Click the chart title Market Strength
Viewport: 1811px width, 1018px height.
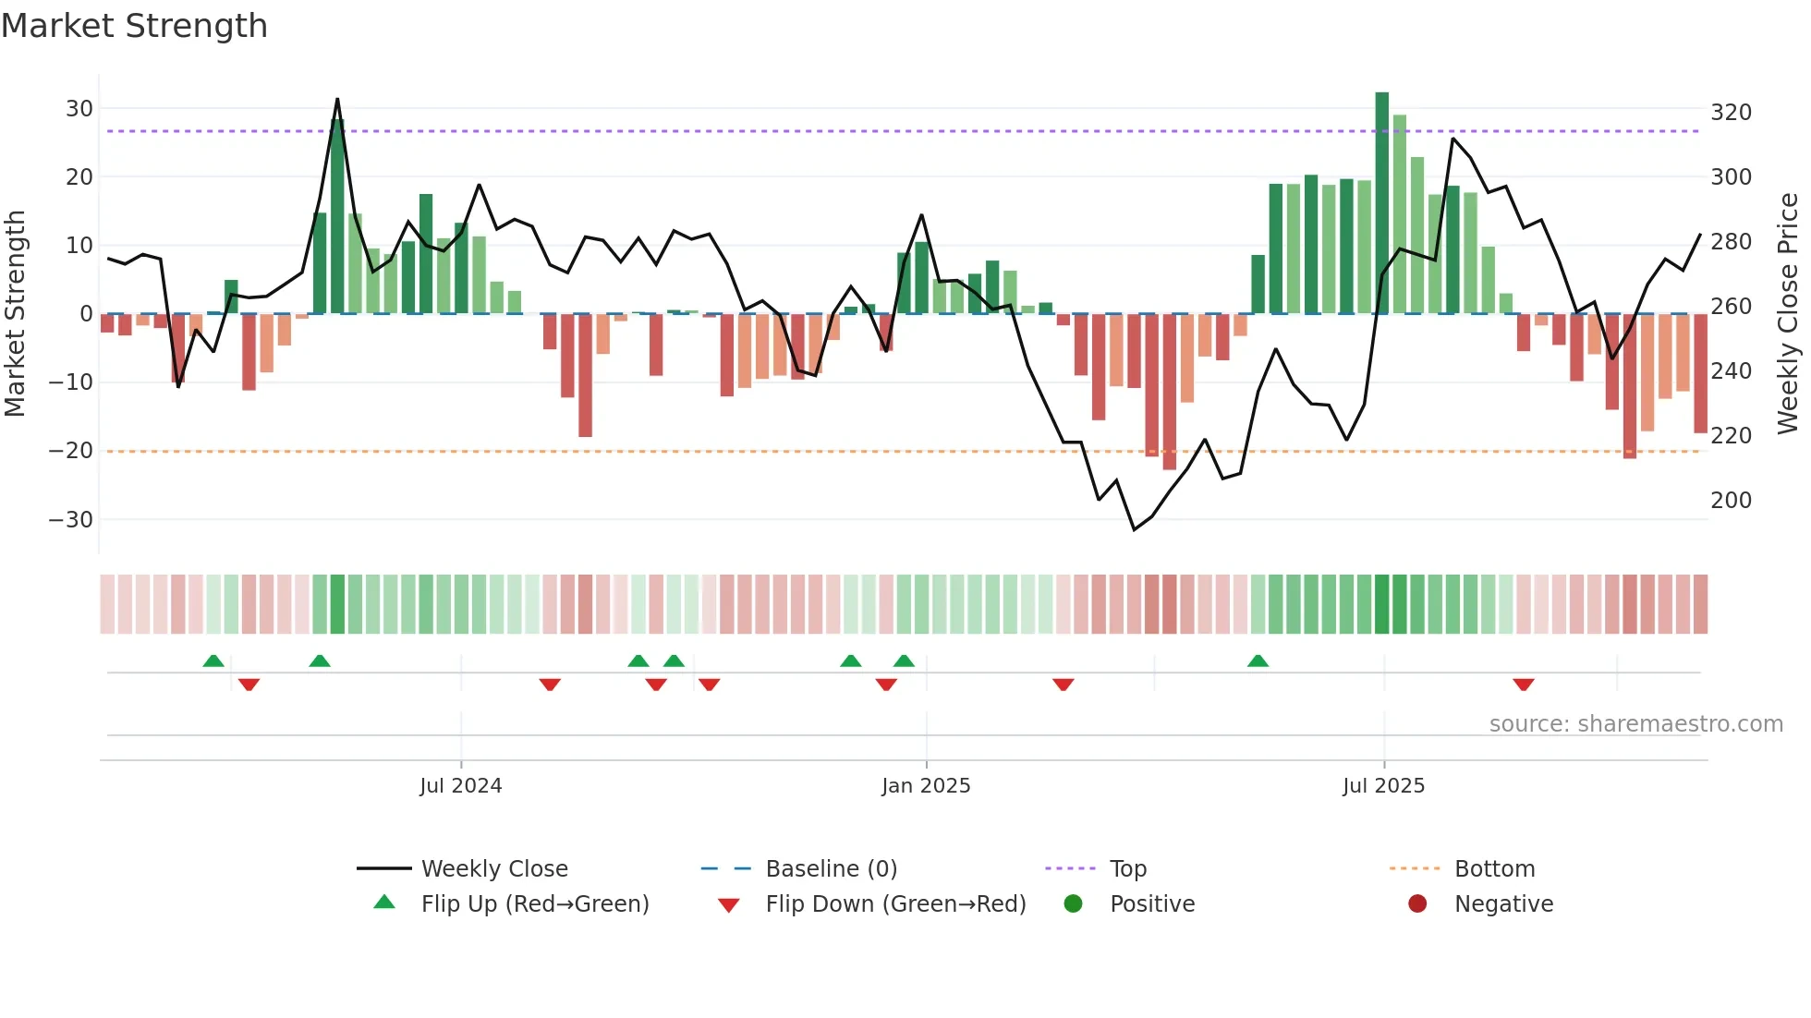[134, 26]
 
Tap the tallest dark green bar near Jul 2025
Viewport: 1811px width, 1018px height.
[1381, 203]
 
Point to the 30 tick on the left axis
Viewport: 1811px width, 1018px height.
[79, 108]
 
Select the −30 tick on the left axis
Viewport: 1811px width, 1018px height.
[71, 519]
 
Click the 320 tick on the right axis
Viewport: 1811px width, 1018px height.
[1731, 113]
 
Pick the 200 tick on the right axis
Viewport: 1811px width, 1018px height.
[1731, 501]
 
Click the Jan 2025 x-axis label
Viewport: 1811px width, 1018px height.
[926, 786]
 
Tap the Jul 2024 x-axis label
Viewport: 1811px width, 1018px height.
[460, 786]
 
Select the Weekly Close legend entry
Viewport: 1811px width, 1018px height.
[493, 869]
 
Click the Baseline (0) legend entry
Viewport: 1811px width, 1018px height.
[831, 869]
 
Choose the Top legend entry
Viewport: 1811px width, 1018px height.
[1127, 869]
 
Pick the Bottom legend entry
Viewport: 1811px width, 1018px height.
[1494, 869]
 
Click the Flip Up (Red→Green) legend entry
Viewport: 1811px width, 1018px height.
[534, 904]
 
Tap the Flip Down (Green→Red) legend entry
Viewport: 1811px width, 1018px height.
[894, 904]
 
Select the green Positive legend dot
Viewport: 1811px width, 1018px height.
[1073, 903]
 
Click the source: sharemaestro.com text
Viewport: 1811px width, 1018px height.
[1635, 724]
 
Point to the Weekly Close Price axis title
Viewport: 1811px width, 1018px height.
[1788, 314]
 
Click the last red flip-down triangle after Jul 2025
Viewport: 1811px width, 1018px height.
[1524, 685]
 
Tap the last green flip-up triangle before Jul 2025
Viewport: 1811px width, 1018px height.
[1258, 660]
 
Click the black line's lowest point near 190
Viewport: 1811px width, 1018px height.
[1135, 529]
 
